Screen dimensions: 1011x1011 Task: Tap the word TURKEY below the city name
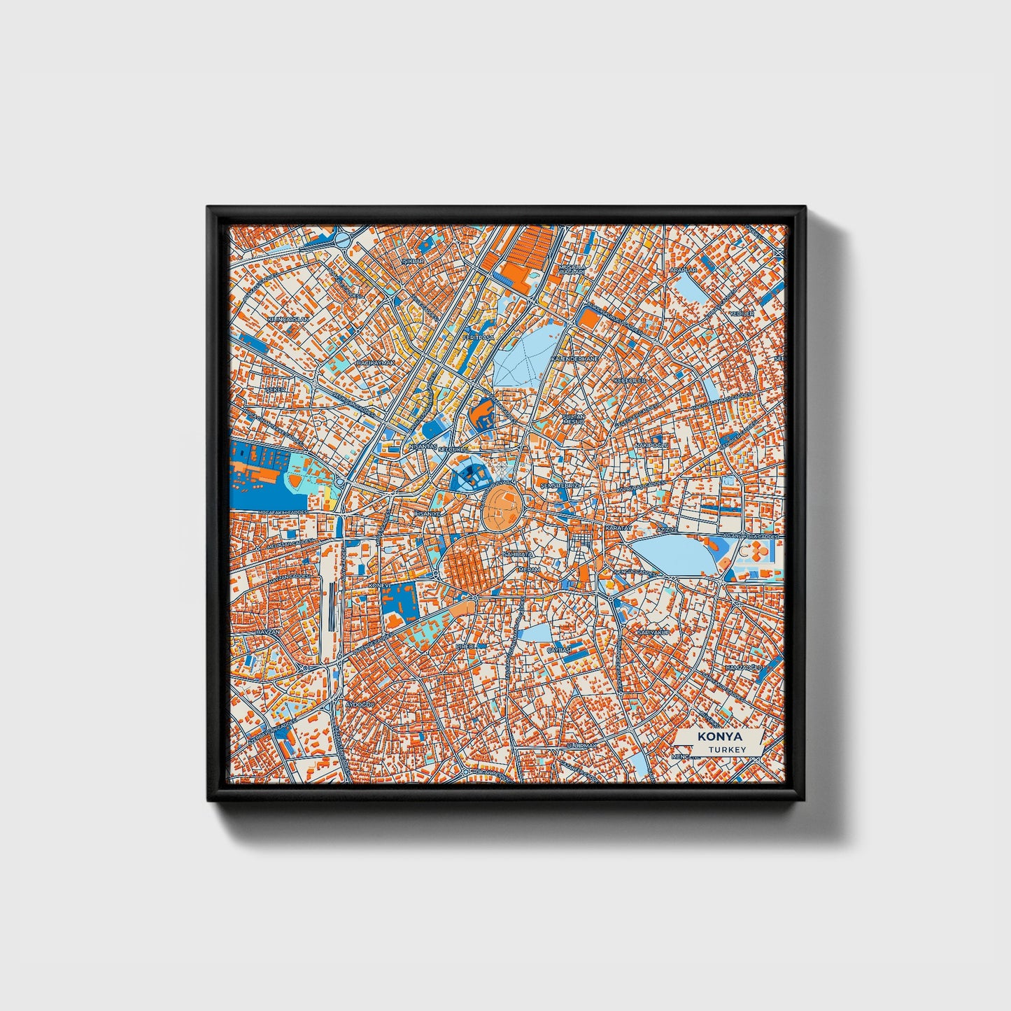click(727, 749)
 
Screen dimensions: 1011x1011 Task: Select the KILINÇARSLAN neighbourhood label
click(288, 319)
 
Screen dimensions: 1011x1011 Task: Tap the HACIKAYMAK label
click(376, 363)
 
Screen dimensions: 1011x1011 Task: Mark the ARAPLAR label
click(683, 269)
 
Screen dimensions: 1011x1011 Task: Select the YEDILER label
click(742, 314)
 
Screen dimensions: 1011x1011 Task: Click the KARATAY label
click(618, 527)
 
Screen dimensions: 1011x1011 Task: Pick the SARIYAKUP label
click(653, 632)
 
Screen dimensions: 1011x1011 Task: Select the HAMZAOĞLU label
click(742, 668)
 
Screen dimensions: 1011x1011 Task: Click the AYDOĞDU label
click(361, 703)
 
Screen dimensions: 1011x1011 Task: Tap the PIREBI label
click(466, 646)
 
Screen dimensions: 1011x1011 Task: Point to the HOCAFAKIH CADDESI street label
click(283, 512)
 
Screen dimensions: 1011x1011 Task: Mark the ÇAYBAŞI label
click(559, 649)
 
